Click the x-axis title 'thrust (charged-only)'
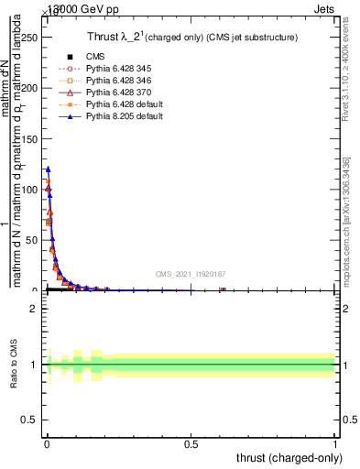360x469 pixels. [x=290, y=456]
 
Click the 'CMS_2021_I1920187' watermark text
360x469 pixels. [x=191, y=274]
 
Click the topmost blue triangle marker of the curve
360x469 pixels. [x=48, y=169]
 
